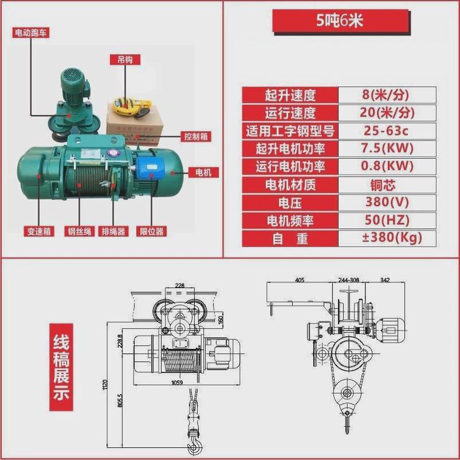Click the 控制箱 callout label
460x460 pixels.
coord(195,136)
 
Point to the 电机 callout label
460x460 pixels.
coord(204,172)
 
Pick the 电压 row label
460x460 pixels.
coord(290,202)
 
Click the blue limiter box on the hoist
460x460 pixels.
coord(152,167)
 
